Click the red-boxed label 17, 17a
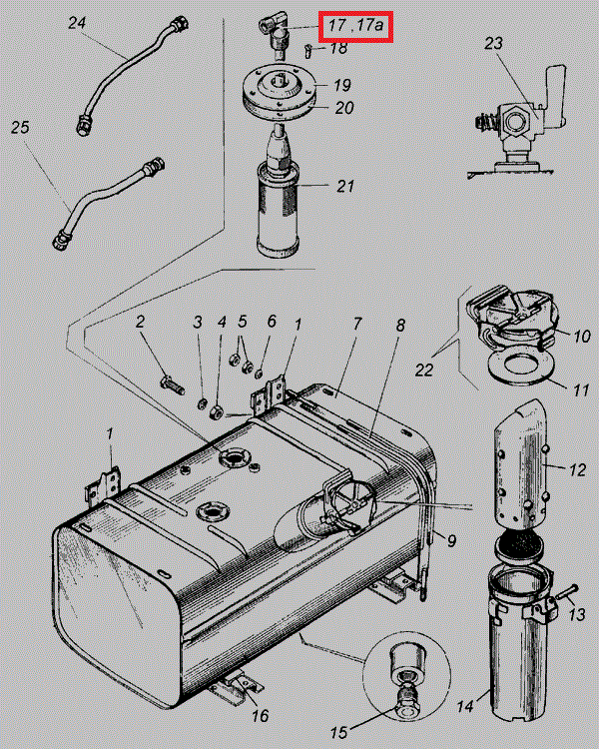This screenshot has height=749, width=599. coord(355,26)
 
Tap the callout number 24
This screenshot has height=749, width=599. coord(78,23)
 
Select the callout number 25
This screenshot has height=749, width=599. coord(20,128)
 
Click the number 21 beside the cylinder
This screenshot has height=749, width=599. coord(344,186)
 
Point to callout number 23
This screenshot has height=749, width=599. coord(494,43)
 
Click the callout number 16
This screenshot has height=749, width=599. coord(261,716)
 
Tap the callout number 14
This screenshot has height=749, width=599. coord(465,706)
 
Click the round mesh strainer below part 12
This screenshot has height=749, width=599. coord(519,543)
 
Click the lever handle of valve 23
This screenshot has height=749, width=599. coord(555,97)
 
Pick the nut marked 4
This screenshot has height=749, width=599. coord(216,411)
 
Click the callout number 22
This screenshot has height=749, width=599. coord(424,370)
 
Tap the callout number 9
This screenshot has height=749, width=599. coord(451,540)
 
